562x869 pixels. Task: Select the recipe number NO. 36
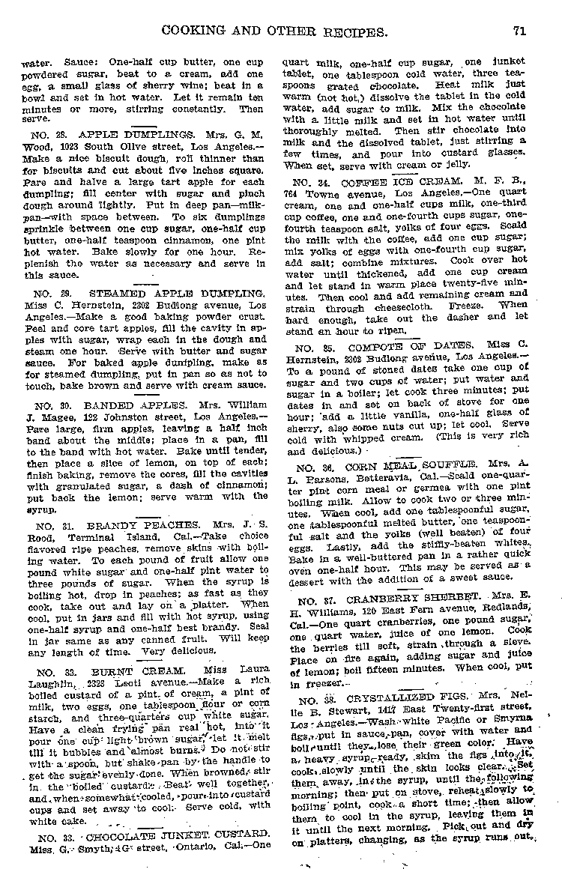[312, 467]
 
